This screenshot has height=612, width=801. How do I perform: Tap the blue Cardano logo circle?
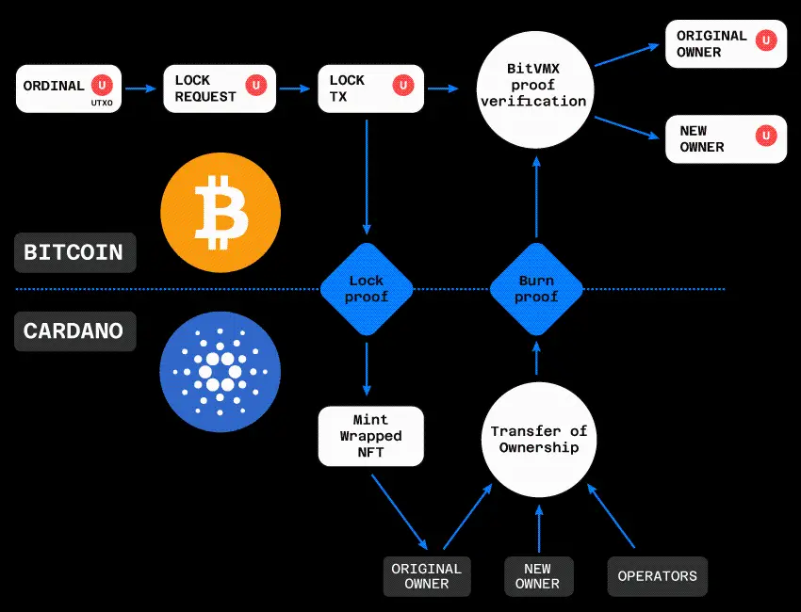[x=220, y=372]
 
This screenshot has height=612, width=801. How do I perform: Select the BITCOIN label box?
[x=74, y=253]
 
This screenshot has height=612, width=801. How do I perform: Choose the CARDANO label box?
[x=74, y=331]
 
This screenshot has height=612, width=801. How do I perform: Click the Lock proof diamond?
[x=367, y=289]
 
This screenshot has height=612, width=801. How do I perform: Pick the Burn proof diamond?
[x=537, y=289]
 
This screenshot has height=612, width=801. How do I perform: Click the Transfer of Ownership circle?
[x=538, y=439]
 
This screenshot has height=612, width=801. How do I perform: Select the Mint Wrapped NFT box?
[x=370, y=436]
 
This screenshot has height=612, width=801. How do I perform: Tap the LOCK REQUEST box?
[x=220, y=89]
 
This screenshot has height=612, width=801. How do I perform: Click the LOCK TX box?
[x=370, y=89]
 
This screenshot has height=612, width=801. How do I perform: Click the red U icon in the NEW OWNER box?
[x=767, y=136]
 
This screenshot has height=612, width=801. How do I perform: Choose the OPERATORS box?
[x=657, y=576]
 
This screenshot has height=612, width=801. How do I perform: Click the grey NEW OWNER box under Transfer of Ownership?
[x=537, y=576]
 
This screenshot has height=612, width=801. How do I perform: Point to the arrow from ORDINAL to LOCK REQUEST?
[x=140, y=89]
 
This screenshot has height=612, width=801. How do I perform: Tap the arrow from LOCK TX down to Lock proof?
[x=367, y=179]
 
